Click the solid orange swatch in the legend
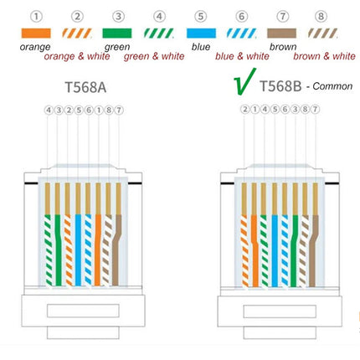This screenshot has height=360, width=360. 36,33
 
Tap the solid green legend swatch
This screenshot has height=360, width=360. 117,33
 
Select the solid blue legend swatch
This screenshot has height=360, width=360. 201,33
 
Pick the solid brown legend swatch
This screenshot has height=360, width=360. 282,33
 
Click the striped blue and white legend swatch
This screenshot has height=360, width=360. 242,33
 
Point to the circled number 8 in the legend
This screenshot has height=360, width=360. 321,16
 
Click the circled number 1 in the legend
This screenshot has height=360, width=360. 36,16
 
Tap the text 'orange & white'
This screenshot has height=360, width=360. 77,56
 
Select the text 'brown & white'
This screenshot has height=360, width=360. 324,56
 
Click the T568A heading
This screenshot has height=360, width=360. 85,87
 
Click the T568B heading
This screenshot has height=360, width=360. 280,86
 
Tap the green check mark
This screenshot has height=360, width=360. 244,81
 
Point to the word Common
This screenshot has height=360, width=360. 332,86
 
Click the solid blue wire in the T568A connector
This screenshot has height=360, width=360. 78,250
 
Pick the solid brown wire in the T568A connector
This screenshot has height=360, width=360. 116,250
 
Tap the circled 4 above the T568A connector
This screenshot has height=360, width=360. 49,111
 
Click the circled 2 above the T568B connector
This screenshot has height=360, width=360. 244,109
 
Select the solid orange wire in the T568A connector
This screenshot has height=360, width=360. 98,250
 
